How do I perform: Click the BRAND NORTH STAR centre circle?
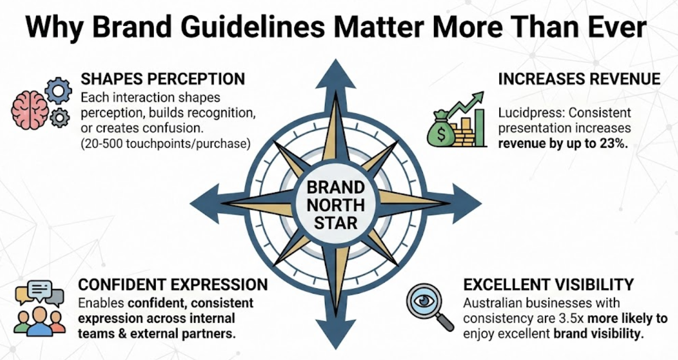tap(335, 205)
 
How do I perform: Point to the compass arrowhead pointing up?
tap(335, 74)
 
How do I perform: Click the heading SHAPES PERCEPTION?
tap(162, 78)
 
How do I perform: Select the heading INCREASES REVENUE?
tap(579, 78)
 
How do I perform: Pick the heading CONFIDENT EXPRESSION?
tap(173, 284)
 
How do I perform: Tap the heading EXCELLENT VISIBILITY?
tap(548, 284)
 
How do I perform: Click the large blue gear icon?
tap(58, 90)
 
